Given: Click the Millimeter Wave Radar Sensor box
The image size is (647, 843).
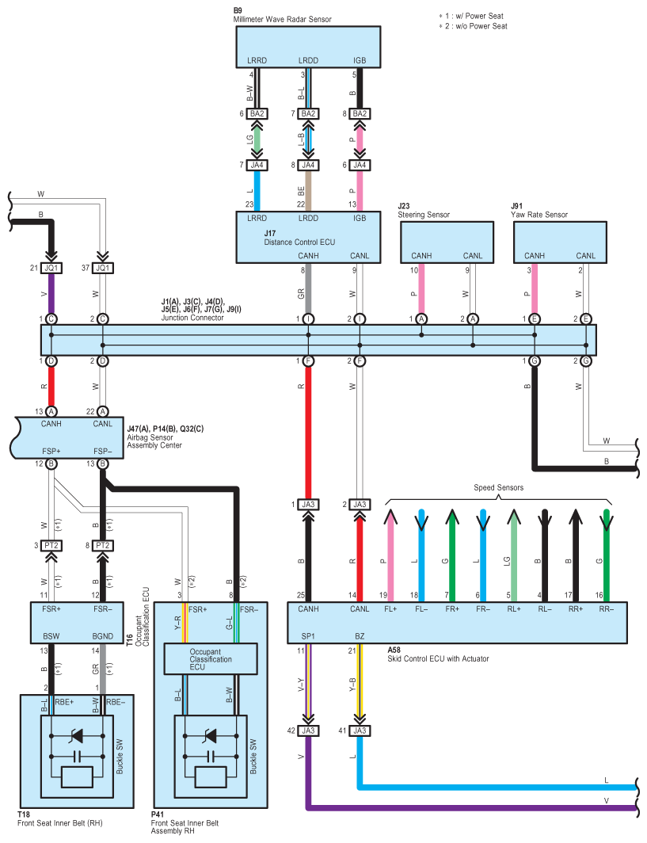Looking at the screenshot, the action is [x=309, y=47].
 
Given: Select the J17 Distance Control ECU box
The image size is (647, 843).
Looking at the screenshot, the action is [x=309, y=237].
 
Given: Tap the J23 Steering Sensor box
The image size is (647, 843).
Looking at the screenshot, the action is [x=447, y=242].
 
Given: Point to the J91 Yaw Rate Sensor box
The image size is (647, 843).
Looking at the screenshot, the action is [x=560, y=242].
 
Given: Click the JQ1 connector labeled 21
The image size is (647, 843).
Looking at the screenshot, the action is [x=51, y=268].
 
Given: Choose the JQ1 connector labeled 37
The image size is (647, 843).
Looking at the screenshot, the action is [x=103, y=268].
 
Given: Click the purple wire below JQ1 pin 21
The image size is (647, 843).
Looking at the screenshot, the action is [x=51, y=293].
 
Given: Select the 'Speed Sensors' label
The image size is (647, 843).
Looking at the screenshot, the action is [x=498, y=487].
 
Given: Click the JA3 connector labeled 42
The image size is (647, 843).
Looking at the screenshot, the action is [x=308, y=730].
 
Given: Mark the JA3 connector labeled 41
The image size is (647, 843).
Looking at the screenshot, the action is [x=360, y=730].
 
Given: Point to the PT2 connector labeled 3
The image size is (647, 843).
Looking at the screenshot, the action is [x=51, y=546].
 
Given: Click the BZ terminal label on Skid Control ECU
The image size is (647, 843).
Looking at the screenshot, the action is [x=360, y=636].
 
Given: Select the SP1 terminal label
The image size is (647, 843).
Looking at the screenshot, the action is [x=308, y=636].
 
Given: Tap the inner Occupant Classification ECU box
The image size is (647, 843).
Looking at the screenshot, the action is [x=211, y=659].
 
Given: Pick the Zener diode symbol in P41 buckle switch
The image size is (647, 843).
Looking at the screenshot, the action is [x=210, y=736].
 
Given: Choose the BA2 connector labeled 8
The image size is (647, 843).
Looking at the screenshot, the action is [x=360, y=113].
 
